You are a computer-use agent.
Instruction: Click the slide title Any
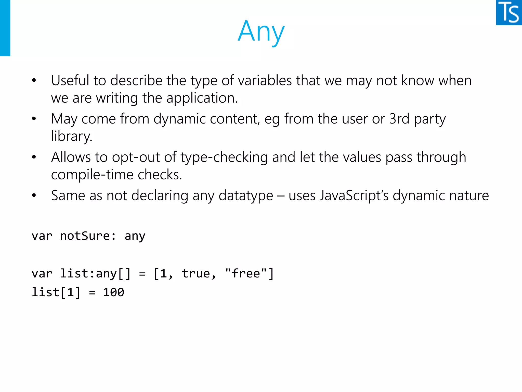(x=261, y=32)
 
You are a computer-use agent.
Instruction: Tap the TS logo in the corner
(x=509, y=13)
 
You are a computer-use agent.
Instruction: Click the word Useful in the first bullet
(x=70, y=80)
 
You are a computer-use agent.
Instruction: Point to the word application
(x=202, y=98)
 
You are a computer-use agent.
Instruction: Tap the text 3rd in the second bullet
(x=399, y=119)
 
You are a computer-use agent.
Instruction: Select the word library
(x=71, y=136)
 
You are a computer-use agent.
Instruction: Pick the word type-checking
(x=224, y=157)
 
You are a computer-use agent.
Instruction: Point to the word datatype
(x=246, y=196)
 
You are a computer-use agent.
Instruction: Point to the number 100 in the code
(x=113, y=292)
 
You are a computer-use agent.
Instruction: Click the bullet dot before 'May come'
(x=34, y=119)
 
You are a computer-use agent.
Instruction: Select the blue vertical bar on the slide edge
(x=5, y=28)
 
